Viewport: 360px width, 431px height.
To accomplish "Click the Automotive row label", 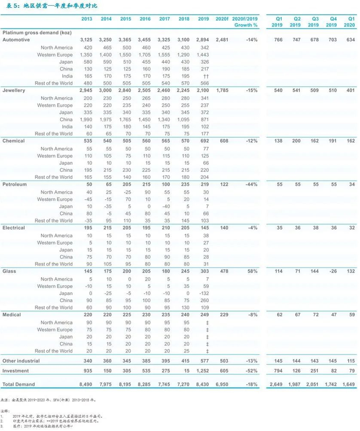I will coord(15,40).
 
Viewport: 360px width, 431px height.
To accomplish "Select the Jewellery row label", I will coord(14,91).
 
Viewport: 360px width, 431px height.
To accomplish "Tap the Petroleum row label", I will coord(14,184).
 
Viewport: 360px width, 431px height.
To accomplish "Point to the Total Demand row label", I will coord(19,385).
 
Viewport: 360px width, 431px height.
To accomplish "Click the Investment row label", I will coord(15,370).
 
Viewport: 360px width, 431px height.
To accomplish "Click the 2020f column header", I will coord(222,19).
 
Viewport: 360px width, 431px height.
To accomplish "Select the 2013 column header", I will coord(87,19).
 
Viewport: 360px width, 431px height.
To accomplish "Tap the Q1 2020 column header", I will coord(350,22).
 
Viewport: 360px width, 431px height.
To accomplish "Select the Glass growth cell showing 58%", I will coord(252,272).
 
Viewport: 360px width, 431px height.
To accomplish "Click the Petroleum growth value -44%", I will coord(251,184).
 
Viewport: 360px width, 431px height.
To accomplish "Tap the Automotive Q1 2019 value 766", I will coord(277,40).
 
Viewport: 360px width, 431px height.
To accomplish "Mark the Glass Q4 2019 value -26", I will coord(331,272).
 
